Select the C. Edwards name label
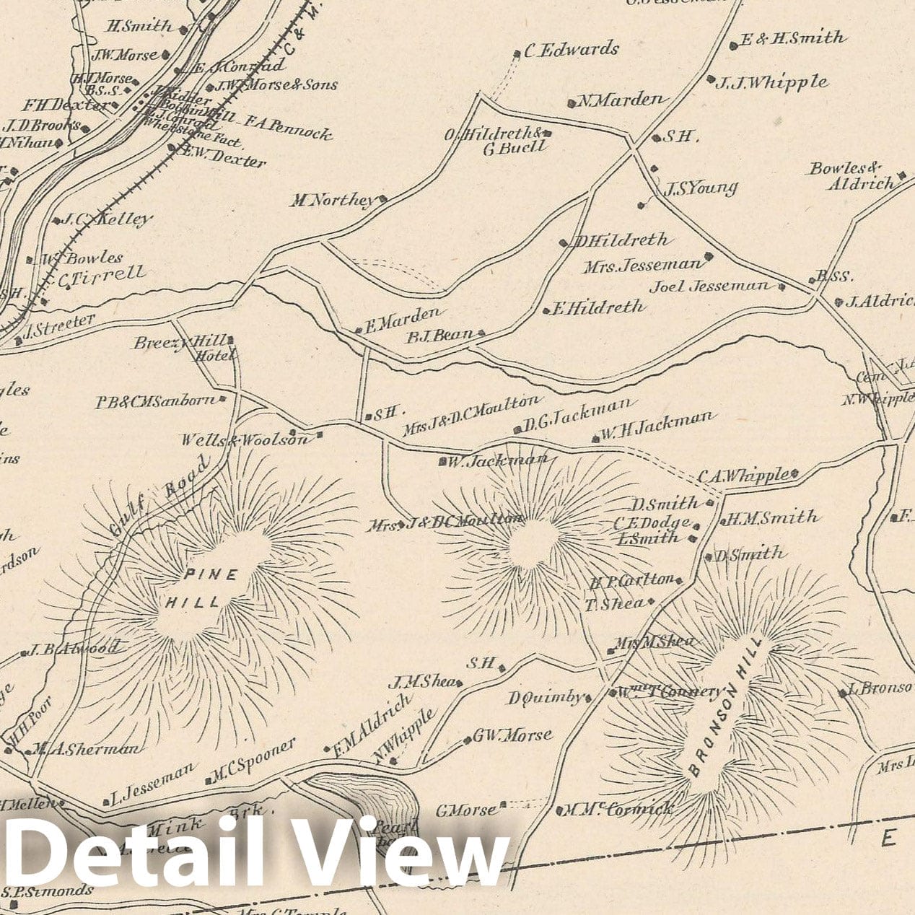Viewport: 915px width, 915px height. pos(571,50)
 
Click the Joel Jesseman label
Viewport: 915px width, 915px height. pos(709,286)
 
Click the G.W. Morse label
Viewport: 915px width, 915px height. pos(513,735)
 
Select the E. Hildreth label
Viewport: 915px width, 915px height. pos(597,307)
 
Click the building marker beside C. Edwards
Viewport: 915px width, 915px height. pos(517,53)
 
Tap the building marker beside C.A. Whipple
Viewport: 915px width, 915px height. pos(794,474)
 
